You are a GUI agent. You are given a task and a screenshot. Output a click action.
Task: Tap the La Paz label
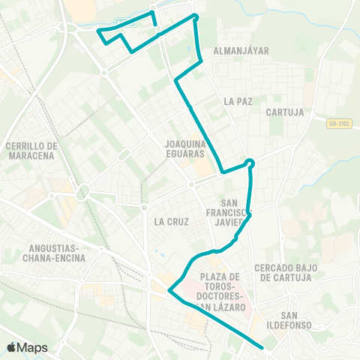point(236,100)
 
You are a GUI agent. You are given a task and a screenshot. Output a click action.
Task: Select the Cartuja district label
point(284,112)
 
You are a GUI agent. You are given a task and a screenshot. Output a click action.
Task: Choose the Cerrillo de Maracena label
point(31,150)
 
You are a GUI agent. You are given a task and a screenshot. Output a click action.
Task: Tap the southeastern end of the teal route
point(262,347)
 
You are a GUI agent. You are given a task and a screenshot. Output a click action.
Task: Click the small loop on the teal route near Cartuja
point(250,163)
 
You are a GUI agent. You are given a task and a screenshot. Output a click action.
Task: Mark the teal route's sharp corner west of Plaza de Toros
point(169,291)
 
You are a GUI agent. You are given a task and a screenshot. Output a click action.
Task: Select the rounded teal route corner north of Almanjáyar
point(195,16)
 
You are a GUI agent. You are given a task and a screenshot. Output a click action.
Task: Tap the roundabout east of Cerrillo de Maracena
point(82,190)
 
